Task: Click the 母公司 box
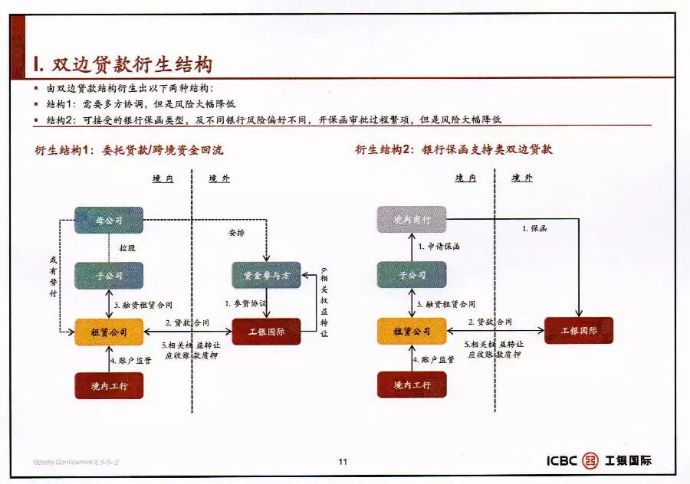tap(109, 221)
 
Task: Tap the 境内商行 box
tap(412, 221)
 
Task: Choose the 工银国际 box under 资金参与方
tap(266, 332)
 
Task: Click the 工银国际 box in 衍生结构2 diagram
tap(579, 331)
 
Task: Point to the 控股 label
tap(127, 248)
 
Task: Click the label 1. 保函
tap(534, 228)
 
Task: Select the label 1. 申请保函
tap(439, 247)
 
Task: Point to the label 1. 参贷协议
tap(246, 303)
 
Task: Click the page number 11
tap(343, 461)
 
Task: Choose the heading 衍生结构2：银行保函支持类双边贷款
tap(453, 150)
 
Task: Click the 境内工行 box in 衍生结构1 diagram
tap(109, 385)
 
